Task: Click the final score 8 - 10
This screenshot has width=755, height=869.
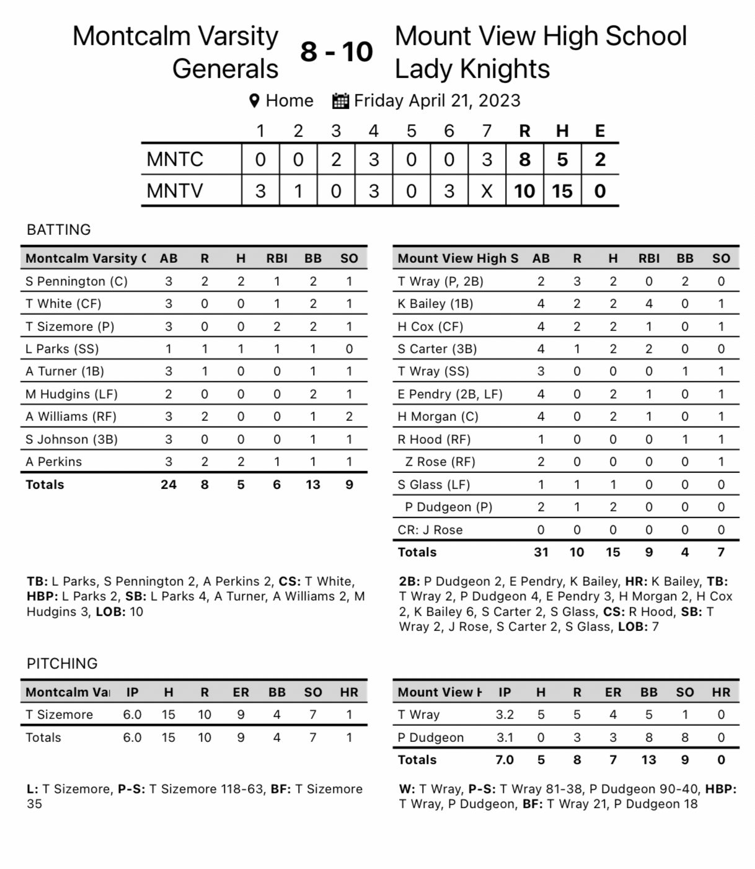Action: click(x=337, y=51)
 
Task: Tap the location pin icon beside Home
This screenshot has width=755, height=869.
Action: click(x=254, y=101)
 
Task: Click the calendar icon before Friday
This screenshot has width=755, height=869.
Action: click(x=340, y=101)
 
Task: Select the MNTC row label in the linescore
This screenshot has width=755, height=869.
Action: click(x=175, y=159)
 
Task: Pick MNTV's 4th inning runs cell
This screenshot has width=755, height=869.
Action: click(x=373, y=191)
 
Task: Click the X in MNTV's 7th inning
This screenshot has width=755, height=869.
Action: click(x=487, y=191)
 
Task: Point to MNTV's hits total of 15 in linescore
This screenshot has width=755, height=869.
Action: click(x=562, y=191)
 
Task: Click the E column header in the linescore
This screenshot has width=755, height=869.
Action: click(x=599, y=131)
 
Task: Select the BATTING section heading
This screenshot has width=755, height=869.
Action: click(x=59, y=229)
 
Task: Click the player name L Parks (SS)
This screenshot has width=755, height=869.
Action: click(x=62, y=349)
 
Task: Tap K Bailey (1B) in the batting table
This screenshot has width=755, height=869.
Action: click(x=435, y=304)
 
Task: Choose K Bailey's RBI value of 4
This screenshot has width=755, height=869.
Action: click(x=649, y=304)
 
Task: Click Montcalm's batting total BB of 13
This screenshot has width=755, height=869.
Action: click(x=313, y=485)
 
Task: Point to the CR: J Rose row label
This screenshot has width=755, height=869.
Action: click(x=430, y=530)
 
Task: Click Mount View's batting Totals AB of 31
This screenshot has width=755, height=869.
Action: click(x=541, y=552)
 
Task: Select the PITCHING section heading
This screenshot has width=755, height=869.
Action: click(x=62, y=663)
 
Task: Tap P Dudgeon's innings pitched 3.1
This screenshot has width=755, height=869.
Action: click(x=505, y=738)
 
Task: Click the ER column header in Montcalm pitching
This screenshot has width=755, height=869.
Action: click(x=241, y=692)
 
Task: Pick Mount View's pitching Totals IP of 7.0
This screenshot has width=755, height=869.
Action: click(x=505, y=760)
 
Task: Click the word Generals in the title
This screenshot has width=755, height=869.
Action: click(x=225, y=69)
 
